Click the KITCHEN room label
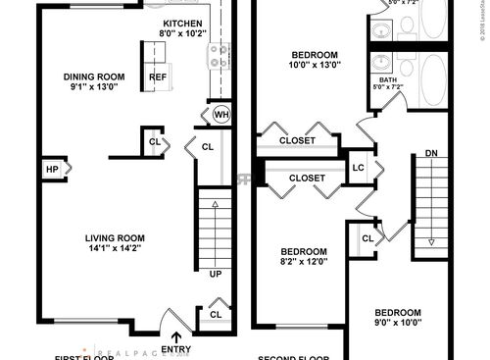pyautogui.click(x=183, y=23)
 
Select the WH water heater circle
pyautogui.click(x=221, y=115)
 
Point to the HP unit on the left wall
pyautogui.click(x=51, y=170)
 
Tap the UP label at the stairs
pyautogui.click(x=215, y=274)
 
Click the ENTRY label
pyautogui.click(x=176, y=348)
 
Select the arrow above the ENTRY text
pyautogui.click(x=176, y=335)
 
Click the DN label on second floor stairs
pyautogui.click(x=431, y=153)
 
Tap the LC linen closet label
pyautogui.click(x=358, y=166)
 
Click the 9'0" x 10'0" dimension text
pyautogui.click(x=398, y=321)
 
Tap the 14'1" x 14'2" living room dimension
pyautogui.click(x=115, y=248)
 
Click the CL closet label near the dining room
pyautogui.click(x=155, y=141)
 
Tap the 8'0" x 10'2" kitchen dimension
pyautogui.click(x=183, y=33)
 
